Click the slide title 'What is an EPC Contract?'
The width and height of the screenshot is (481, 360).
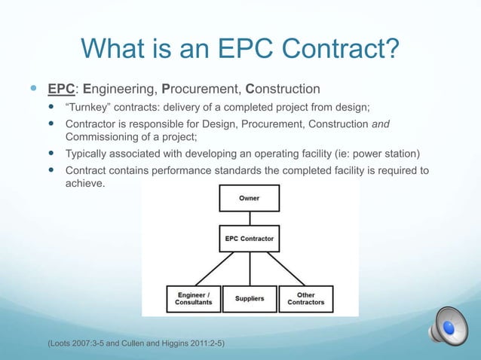(x=240, y=50)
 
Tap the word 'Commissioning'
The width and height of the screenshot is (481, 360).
(x=103, y=136)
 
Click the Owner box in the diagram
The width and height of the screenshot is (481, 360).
(x=249, y=199)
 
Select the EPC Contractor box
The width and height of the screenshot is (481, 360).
(x=249, y=239)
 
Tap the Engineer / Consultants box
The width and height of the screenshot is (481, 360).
(x=194, y=298)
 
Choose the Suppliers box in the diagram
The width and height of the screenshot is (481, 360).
(x=249, y=298)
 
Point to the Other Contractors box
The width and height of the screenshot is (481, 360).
(x=305, y=298)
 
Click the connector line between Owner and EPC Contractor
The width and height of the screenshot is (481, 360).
(x=249, y=219)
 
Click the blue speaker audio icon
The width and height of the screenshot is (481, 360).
(x=449, y=327)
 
